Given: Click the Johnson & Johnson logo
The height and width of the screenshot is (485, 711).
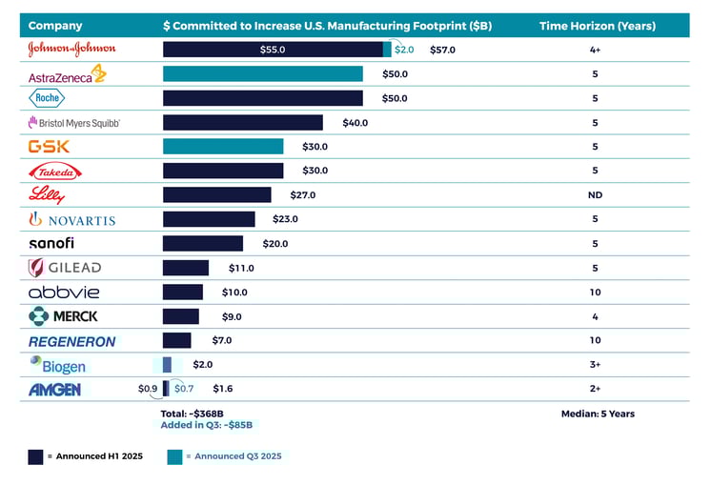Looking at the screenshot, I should (71, 49).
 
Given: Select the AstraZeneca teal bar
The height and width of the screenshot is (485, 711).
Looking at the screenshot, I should (263, 73).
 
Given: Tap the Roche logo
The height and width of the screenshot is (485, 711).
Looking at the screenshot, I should (49, 97).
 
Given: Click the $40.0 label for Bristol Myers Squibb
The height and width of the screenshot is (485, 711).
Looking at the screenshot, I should (355, 122).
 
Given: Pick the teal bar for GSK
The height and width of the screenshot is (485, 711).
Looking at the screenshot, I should (223, 146).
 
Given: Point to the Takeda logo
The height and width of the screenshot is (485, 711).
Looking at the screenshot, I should (55, 171).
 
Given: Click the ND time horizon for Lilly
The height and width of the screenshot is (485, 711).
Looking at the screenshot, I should (595, 194).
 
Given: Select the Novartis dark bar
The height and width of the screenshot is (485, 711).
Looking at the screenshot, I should (209, 219).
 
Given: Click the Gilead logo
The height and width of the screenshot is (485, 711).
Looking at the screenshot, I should (65, 268).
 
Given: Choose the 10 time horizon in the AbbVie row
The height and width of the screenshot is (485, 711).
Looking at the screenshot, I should (595, 292).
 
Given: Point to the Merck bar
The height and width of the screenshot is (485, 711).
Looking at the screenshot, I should (181, 316).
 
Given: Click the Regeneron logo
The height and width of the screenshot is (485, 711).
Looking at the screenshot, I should (71, 341).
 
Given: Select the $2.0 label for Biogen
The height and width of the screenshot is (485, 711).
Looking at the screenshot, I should (202, 364).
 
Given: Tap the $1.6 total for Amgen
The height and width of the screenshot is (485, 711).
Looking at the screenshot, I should (222, 389).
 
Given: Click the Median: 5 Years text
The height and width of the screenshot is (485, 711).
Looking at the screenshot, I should (598, 414).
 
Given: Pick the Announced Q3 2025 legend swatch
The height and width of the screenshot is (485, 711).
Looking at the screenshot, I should (174, 456).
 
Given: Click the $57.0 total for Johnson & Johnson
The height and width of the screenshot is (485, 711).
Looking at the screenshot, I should (442, 49).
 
